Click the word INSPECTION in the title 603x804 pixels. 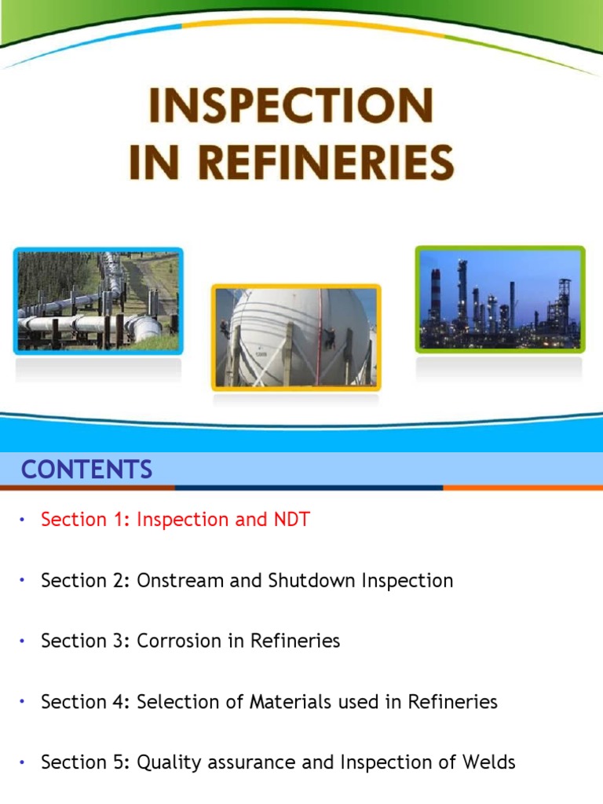point(291,108)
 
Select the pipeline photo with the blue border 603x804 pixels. point(98,301)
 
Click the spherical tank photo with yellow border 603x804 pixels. point(296,337)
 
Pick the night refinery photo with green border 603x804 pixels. point(500,299)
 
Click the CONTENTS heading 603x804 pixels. point(86,470)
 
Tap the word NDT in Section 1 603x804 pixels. point(291,520)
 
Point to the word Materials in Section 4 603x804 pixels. point(298,701)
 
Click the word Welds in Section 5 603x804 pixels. point(492,762)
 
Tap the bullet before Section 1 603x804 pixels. point(23,520)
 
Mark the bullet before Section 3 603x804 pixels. point(23,641)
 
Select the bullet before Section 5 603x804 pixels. point(23,762)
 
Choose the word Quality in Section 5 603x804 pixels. point(168,762)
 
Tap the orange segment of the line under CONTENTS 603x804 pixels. point(522,488)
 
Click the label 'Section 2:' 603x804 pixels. point(86,581)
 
